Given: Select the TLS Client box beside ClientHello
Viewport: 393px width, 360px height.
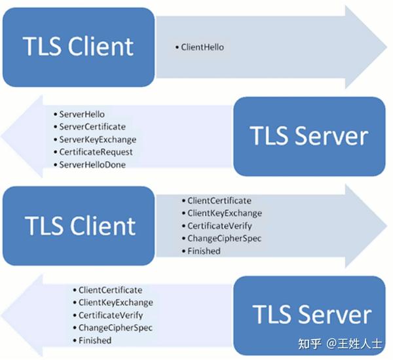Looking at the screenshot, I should (x=79, y=46).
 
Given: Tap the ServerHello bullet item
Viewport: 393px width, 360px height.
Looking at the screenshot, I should (x=81, y=114).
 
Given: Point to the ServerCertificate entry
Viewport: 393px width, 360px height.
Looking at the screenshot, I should (x=92, y=126).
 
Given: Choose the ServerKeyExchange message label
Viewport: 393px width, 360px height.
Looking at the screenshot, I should (x=97, y=139).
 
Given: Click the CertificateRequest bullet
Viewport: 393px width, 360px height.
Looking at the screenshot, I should (x=96, y=152).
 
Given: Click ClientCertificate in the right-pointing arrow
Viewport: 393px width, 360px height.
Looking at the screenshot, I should (x=219, y=201).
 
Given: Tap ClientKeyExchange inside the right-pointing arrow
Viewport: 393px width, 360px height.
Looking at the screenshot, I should (x=224, y=213).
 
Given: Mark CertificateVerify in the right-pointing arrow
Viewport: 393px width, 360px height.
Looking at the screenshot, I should (x=220, y=226).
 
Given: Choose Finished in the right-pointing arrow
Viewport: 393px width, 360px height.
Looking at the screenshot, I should (x=204, y=251).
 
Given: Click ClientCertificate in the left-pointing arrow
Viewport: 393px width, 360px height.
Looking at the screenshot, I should (x=110, y=290).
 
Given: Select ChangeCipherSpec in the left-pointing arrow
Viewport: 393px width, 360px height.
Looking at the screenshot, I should (x=115, y=328).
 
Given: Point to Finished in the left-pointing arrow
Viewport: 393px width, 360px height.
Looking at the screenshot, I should (x=95, y=340).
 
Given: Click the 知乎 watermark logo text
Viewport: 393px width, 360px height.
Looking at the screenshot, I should (x=310, y=343).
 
